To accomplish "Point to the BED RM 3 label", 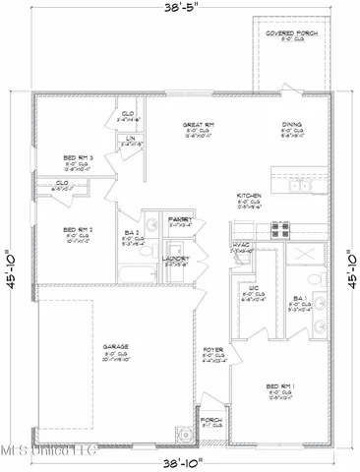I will (78, 158).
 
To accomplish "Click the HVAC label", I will (241, 246).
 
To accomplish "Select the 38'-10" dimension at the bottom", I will (179, 461).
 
